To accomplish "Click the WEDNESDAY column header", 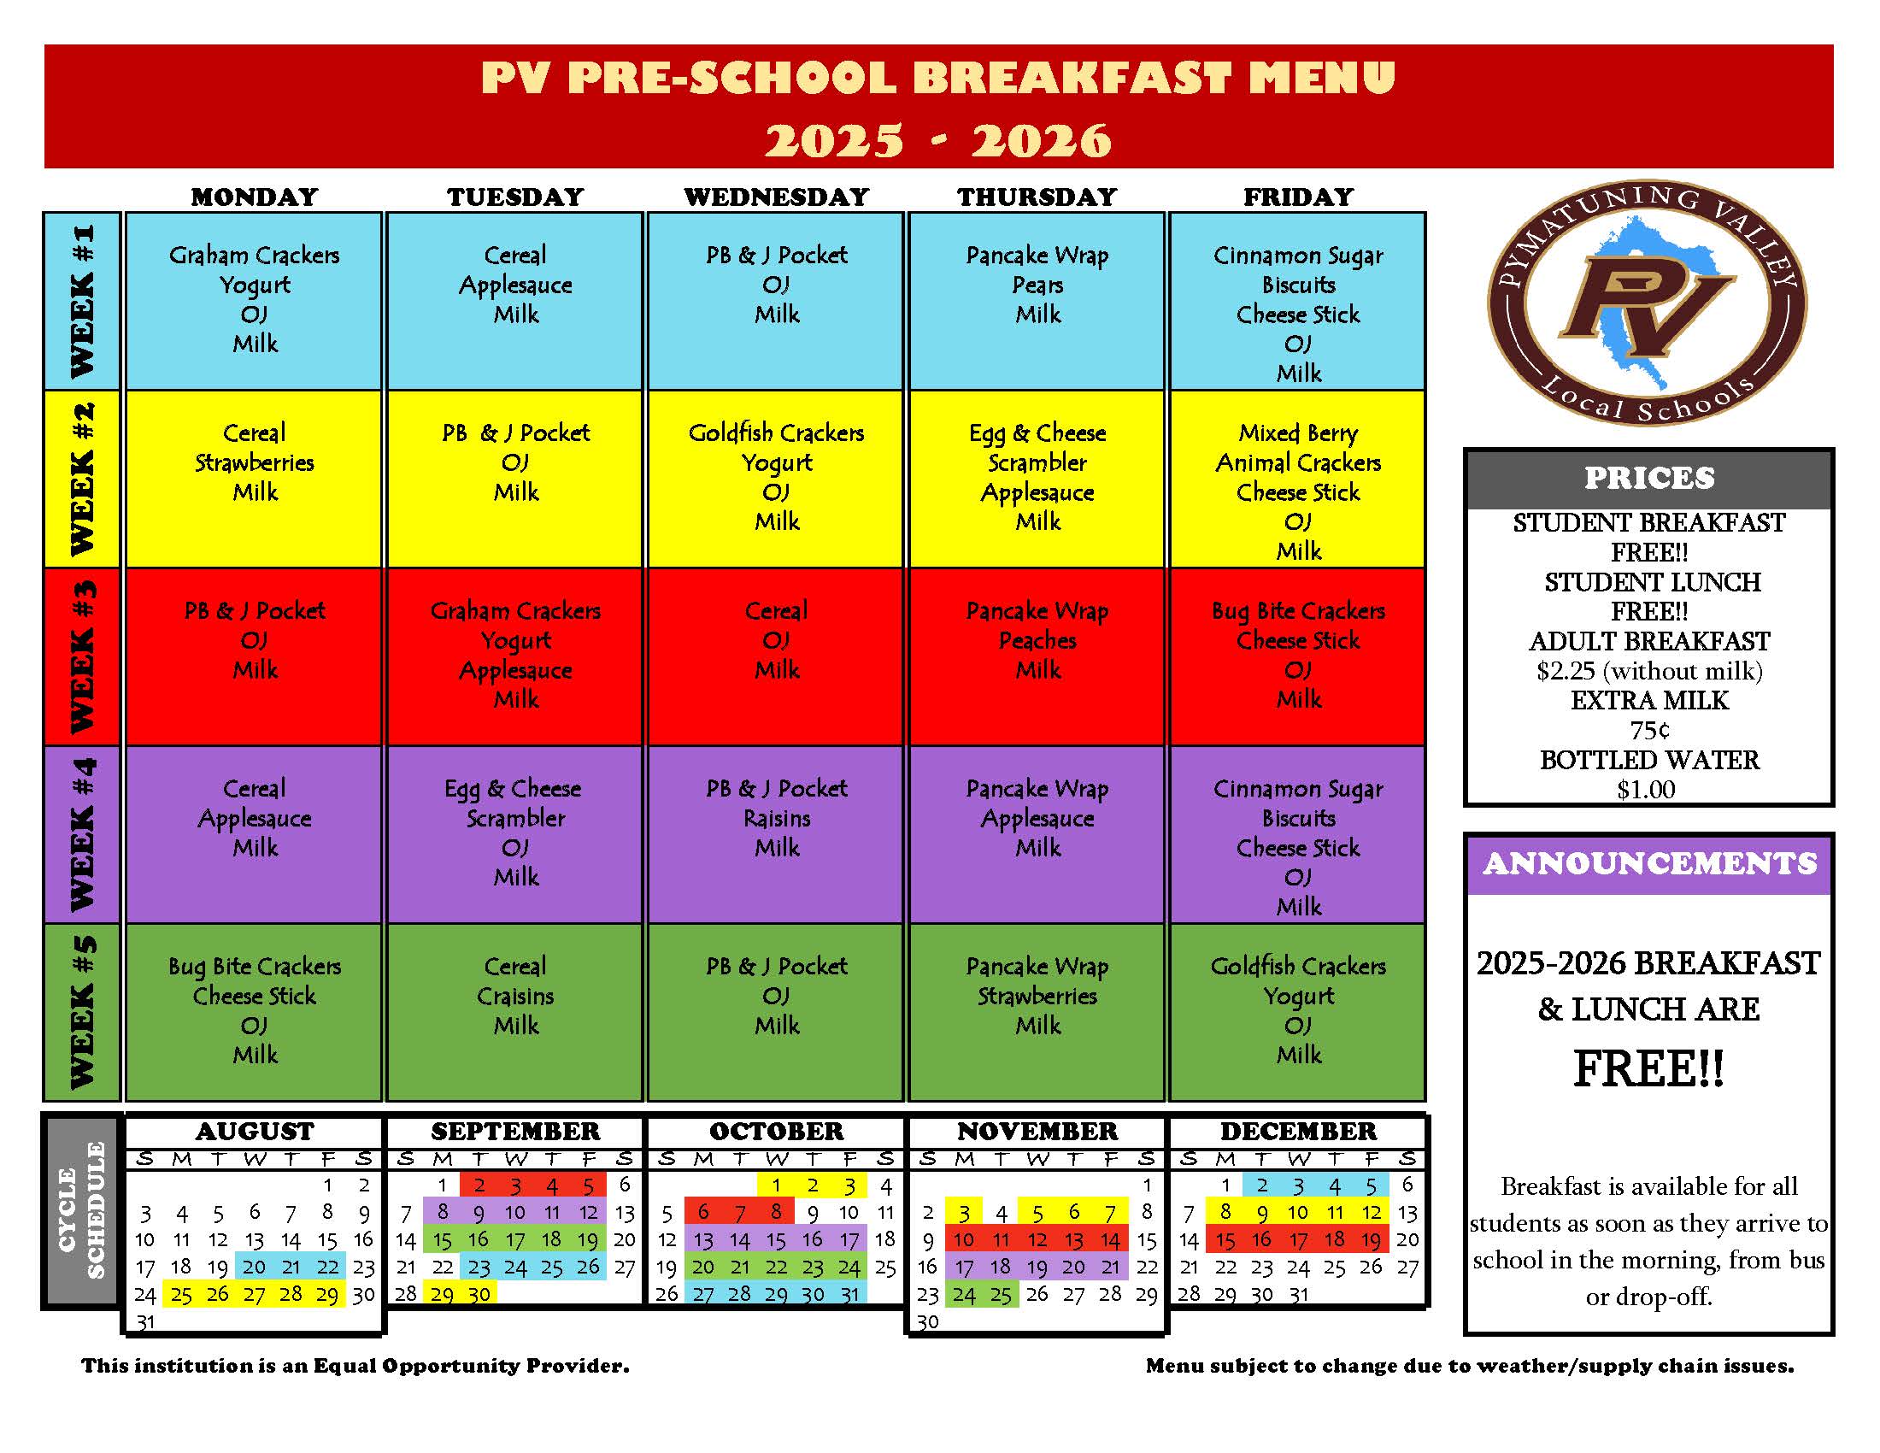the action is click(777, 197).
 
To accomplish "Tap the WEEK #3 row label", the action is click(82, 656).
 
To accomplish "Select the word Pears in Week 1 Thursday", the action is click(1037, 285).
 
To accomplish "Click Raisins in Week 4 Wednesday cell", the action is click(777, 819).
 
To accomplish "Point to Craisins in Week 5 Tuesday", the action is click(514, 996).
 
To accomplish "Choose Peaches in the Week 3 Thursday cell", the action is click(1037, 640).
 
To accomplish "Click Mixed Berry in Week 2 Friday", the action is click(1298, 433).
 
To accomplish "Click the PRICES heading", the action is click(1648, 479).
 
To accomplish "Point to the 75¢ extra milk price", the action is click(1649, 731).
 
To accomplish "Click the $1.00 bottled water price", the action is click(1646, 791).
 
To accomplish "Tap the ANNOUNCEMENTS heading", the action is click(1649, 863).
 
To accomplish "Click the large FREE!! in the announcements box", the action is click(1648, 1069).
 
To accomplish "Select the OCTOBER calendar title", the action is click(777, 1131).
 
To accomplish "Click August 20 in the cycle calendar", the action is click(254, 1266).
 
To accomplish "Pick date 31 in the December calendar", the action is click(1298, 1294).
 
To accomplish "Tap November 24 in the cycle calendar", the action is click(964, 1294).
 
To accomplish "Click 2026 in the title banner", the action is click(1042, 140).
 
